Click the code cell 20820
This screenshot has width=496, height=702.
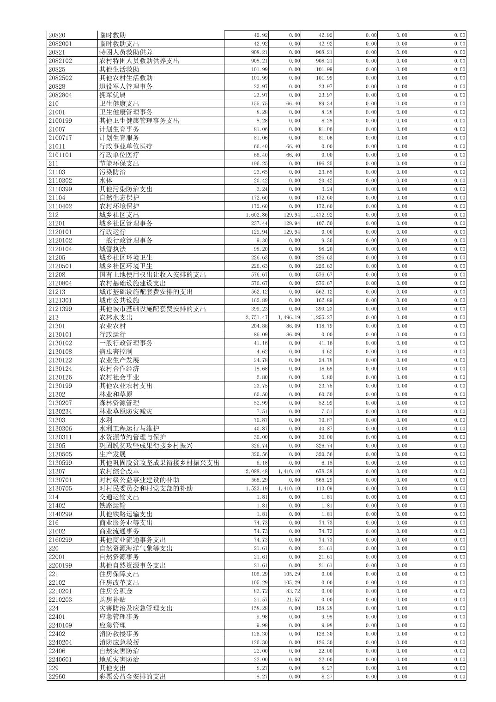(x=57, y=35)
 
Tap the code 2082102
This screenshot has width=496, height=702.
(x=60, y=61)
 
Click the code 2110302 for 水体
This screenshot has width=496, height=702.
(x=60, y=181)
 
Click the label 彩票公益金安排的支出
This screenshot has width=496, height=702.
(x=133, y=677)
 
